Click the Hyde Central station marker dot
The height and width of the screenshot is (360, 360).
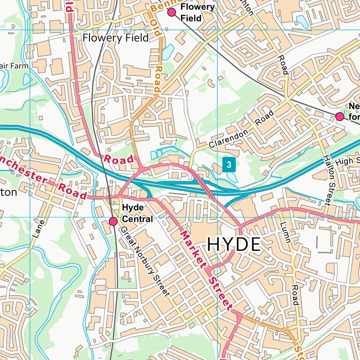(113, 221)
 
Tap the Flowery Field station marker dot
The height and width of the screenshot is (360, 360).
(172, 12)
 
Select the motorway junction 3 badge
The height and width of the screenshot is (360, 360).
(228, 165)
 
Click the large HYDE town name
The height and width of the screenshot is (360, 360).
(233, 245)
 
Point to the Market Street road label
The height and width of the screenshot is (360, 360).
(206, 270)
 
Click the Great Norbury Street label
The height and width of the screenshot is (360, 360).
(144, 261)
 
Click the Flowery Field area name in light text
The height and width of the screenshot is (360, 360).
(115, 38)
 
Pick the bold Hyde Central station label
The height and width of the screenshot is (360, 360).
(137, 213)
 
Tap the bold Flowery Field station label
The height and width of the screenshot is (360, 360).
(197, 13)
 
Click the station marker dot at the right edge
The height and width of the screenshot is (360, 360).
(340, 116)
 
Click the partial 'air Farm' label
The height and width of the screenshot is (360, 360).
(14, 66)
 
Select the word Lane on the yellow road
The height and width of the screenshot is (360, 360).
(38, 228)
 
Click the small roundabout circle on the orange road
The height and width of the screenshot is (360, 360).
(285, 330)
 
